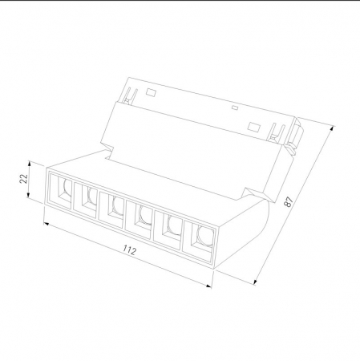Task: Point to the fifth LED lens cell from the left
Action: (x=171, y=229)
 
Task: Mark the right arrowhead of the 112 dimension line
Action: (x=212, y=285)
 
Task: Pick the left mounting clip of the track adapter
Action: (x=126, y=98)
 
